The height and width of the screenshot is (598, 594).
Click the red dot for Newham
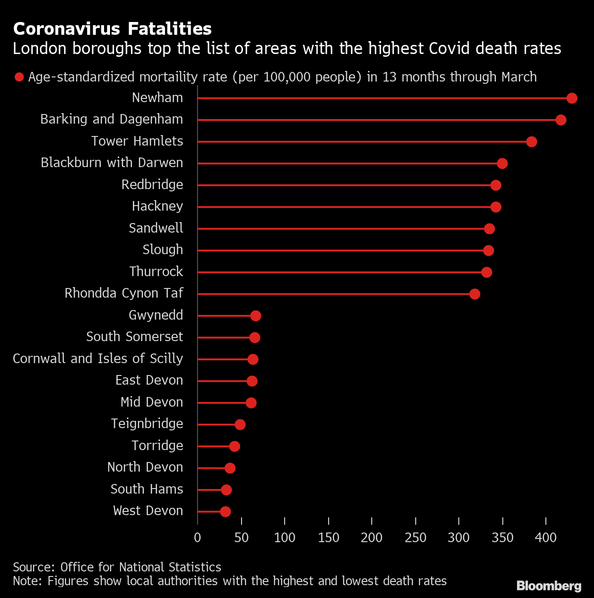(x=572, y=98)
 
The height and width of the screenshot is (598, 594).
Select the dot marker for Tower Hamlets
(x=531, y=141)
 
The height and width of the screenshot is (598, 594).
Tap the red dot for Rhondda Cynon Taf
(x=475, y=294)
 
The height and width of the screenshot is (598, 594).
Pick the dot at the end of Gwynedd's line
(x=256, y=315)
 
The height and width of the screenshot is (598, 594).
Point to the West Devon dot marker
(x=225, y=511)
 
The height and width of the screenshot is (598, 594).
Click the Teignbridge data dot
(x=240, y=424)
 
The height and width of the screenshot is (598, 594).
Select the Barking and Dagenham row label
(x=111, y=120)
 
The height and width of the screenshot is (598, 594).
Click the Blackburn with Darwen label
(x=112, y=163)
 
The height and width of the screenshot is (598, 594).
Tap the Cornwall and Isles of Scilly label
(x=98, y=359)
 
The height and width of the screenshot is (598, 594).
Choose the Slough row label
(x=163, y=250)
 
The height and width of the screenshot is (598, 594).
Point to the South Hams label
(x=147, y=489)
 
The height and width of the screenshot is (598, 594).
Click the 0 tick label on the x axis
(x=198, y=538)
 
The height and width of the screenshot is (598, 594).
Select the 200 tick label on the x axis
(x=372, y=538)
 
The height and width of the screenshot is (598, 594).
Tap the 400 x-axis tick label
(x=546, y=538)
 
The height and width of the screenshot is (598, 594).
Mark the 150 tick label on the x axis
(x=329, y=538)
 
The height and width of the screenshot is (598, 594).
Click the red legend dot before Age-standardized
(x=19, y=77)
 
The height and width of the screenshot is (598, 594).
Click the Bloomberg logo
(x=549, y=586)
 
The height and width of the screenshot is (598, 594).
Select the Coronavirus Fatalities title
(x=112, y=29)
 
